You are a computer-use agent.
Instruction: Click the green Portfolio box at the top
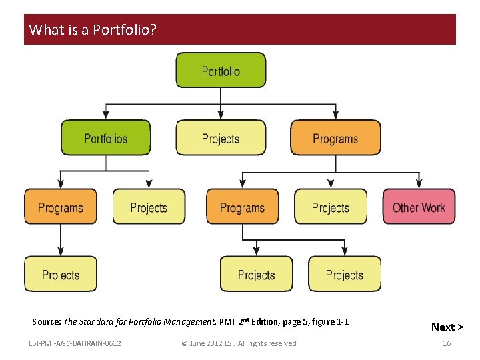coord(221,71)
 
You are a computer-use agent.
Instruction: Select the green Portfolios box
coord(106,138)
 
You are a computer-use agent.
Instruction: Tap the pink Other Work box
coord(419,207)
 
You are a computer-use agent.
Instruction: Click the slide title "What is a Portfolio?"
coord(93,30)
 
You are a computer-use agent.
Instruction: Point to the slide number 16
coord(447,343)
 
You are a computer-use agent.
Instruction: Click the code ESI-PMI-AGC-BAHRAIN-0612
coord(75,343)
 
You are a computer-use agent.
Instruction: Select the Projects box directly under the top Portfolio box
coord(221,138)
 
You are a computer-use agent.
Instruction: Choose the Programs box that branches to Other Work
coord(335,138)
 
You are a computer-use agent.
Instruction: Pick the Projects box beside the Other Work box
coord(331,207)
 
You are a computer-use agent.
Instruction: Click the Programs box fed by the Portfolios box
coord(61,207)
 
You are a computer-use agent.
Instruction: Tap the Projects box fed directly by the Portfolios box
coord(149,207)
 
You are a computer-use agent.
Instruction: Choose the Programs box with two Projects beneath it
coord(242,207)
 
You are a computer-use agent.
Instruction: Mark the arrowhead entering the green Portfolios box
coord(106,115)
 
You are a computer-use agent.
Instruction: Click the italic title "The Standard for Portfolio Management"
coord(139,322)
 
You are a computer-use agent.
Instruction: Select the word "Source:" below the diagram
coord(46,322)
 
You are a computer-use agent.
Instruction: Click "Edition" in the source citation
coord(265,322)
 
